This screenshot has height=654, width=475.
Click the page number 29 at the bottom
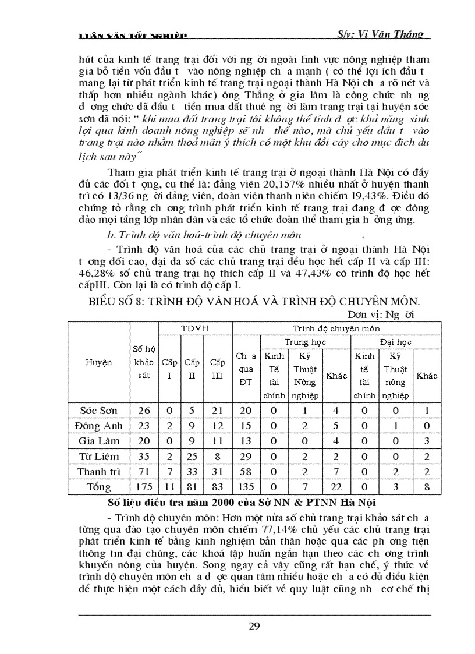coord(254,627)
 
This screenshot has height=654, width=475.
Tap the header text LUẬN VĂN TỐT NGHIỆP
coord(133,37)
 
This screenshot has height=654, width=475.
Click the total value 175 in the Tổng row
coord(144,487)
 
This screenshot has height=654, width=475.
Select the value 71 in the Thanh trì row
coord(144,471)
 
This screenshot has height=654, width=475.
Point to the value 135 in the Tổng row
coord(246,487)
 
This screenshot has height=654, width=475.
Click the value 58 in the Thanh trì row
coord(246,471)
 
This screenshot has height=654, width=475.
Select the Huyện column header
coord(99,362)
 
